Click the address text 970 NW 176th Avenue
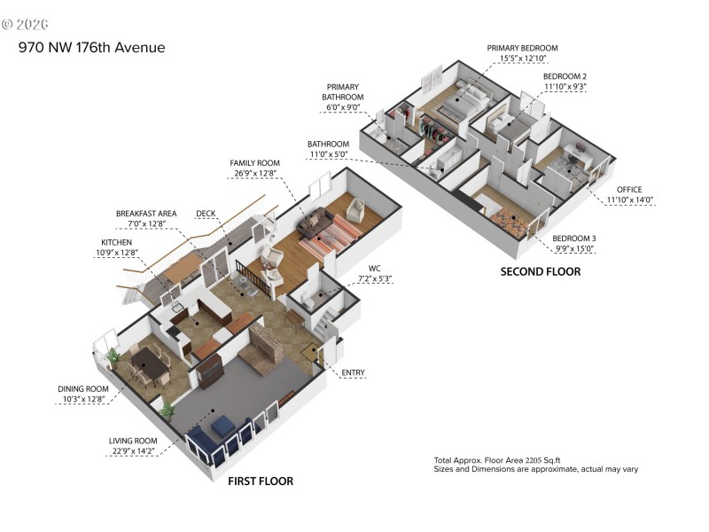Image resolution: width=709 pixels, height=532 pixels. coord(91,47)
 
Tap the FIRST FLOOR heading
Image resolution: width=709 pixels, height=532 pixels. coord(261,481)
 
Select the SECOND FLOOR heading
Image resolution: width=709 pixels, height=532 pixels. coord(541,271)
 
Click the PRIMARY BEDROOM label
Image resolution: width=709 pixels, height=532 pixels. coord(522,48)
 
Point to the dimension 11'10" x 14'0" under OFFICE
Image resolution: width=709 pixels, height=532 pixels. coord(629,199)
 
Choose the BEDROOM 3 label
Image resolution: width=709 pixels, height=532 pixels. coord(574,239)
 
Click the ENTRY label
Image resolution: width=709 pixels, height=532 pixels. coord(352,372)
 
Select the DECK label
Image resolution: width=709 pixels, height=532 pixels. coord(206,214)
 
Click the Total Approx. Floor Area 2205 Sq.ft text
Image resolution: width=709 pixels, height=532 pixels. coord(497,460)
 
